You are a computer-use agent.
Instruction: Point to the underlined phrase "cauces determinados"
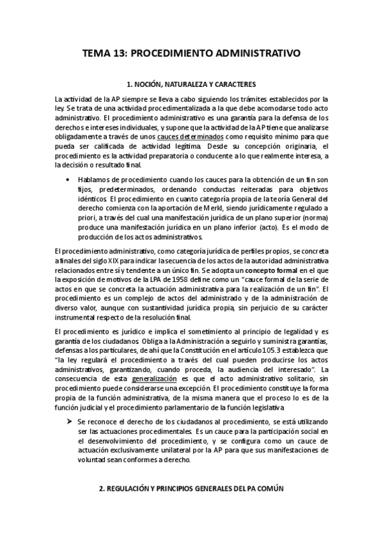coord(190,137)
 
